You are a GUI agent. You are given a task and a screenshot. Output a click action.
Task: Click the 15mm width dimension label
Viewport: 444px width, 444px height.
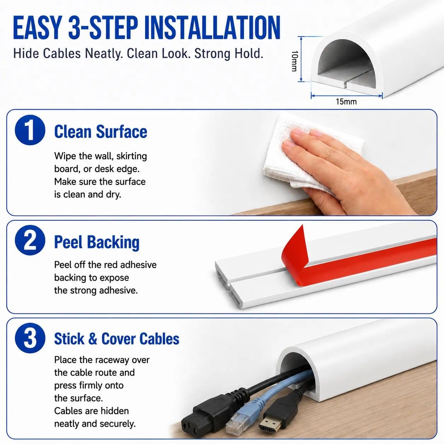(x=346, y=102)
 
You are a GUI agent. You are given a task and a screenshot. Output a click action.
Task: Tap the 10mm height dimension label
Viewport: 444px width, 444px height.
(x=295, y=61)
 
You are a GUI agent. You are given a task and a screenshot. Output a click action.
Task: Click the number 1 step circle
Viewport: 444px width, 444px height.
(x=30, y=130)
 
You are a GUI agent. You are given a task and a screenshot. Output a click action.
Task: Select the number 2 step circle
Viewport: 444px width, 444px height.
(x=30, y=240)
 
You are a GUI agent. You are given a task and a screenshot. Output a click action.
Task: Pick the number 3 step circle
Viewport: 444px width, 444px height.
(x=30, y=338)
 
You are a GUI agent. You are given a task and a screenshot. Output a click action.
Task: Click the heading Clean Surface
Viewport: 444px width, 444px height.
(x=101, y=132)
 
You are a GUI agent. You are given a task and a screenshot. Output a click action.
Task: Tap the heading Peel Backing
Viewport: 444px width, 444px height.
(x=97, y=243)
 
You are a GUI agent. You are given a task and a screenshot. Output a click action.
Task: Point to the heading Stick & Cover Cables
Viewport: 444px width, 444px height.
(x=116, y=339)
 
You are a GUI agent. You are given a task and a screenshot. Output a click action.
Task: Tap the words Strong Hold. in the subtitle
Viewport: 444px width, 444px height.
(x=229, y=53)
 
